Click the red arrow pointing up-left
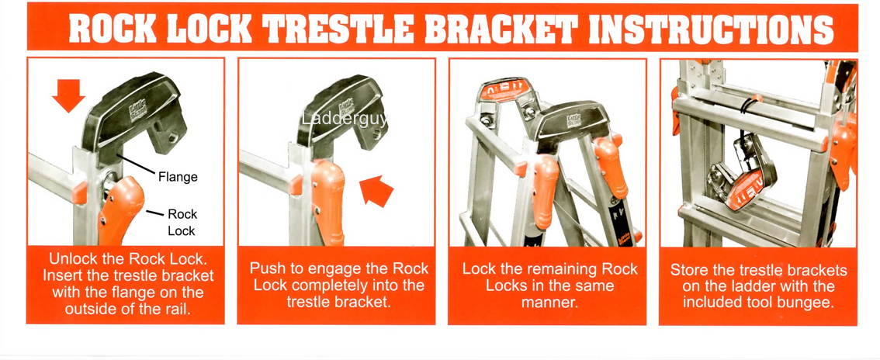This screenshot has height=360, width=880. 378,191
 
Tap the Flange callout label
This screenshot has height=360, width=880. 178,177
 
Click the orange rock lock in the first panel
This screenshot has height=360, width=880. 121,209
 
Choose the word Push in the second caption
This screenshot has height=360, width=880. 265,268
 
